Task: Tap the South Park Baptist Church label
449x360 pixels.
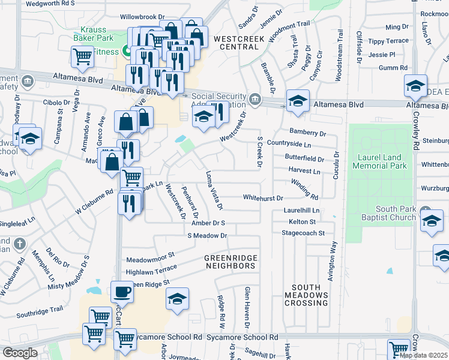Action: [x=390, y=213]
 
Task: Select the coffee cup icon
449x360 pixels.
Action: [x=122, y=292]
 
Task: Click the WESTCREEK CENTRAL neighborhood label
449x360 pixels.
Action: [x=236, y=43]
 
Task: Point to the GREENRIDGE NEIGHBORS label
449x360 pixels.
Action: [x=231, y=262]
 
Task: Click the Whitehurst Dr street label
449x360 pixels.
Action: [x=262, y=197]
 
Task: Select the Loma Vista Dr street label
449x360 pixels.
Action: [x=214, y=190]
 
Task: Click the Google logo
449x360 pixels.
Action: [x=20, y=353]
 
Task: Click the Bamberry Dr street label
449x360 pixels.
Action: [x=307, y=133]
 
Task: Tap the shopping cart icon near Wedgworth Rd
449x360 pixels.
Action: [x=82, y=58]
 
